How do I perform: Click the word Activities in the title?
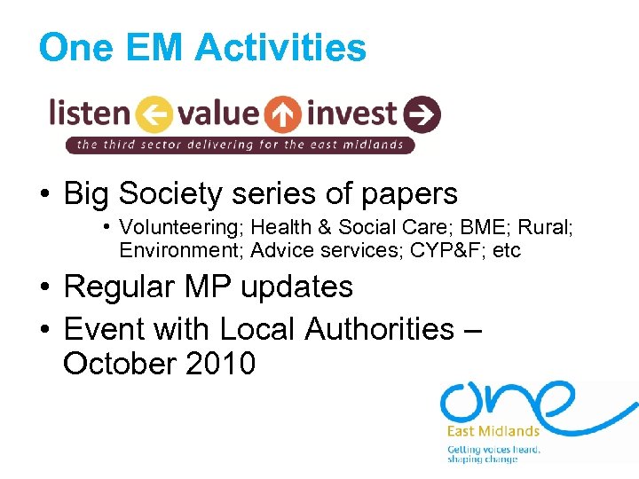pyautogui.click(x=280, y=47)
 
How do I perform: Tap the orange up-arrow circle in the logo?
pyautogui.click(x=283, y=114)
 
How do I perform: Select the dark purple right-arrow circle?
pyautogui.click(x=422, y=114)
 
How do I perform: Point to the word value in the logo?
pyautogui.click(x=218, y=113)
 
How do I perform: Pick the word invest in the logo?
pyautogui.click(x=351, y=114)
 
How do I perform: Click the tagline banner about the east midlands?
pyautogui.click(x=240, y=145)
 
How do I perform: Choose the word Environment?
pyautogui.click(x=180, y=250)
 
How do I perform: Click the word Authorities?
pyautogui.click(x=379, y=329)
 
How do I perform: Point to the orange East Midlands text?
pyautogui.click(x=493, y=432)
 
